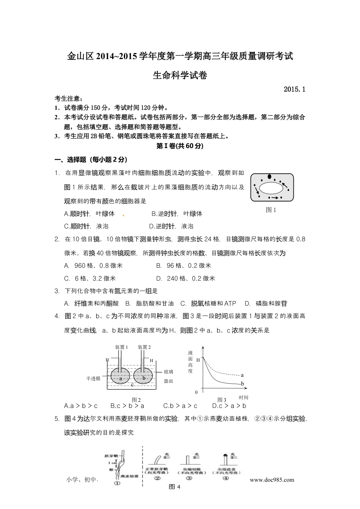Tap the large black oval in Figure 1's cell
pyautogui.click(x=269, y=176)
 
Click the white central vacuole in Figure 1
pyautogui.click(x=271, y=187)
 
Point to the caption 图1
pyautogui.click(x=271, y=210)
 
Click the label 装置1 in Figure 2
pyautogui.click(x=122, y=347)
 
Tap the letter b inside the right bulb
pyautogui.click(x=144, y=378)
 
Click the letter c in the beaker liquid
pyautogui.click(x=132, y=385)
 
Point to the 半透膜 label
pyautogui.click(x=93, y=378)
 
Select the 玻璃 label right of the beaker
pyautogui.click(x=169, y=372)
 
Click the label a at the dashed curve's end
pyautogui.click(x=242, y=375)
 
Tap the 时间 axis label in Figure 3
pyautogui.click(x=244, y=397)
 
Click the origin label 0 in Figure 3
pyautogui.click(x=196, y=392)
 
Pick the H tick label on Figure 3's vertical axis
pyautogui.click(x=198, y=360)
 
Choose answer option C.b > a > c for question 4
pyautogui.click(x=180, y=406)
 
